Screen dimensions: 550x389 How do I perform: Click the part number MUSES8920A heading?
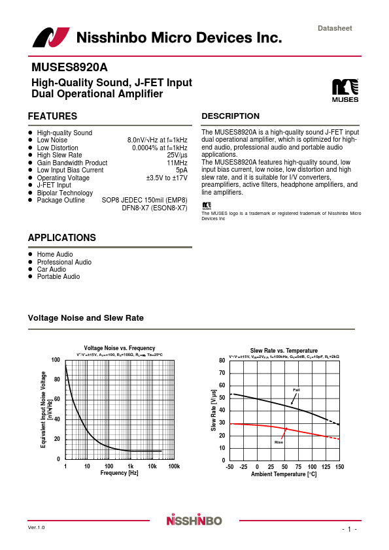pyautogui.click(x=69, y=67)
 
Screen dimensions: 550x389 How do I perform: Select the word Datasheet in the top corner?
pyautogui.click(x=335, y=28)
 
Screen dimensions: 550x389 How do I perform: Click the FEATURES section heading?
pyautogui.click(x=52, y=116)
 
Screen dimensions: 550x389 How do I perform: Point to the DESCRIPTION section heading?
pyautogui.click(x=230, y=116)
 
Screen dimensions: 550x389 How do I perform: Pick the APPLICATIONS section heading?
pyautogui.click(x=61, y=238)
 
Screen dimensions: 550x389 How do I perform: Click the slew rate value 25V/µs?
pyautogui.click(x=177, y=155)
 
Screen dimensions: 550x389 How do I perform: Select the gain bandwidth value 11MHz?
pyautogui.click(x=177, y=163)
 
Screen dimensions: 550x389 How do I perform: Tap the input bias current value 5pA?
pyautogui.click(x=181, y=170)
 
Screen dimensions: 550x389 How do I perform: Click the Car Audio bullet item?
pyautogui.click(x=51, y=269)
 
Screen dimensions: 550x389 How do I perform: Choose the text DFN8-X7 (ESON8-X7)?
pyautogui.click(x=154, y=208)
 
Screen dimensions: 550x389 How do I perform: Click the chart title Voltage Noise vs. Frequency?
pyautogui.click(x=120, y=348)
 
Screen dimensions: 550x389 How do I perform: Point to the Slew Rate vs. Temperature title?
pyautogui.click(x=284, y=351)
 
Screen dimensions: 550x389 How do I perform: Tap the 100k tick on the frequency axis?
pyautogui.click(x=174, y=466)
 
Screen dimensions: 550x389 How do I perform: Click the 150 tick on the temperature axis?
pyautogui.click(x=339, y=467)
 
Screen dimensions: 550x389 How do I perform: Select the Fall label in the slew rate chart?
pyautogui.click(x=296, y=390)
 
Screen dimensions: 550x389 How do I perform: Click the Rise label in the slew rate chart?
pyautogui.click(x=279, y=442)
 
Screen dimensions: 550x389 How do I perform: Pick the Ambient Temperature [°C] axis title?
pyautogui.click(x=284, y=474)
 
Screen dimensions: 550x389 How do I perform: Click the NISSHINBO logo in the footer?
pyautogui.click(x=194, y=521)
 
